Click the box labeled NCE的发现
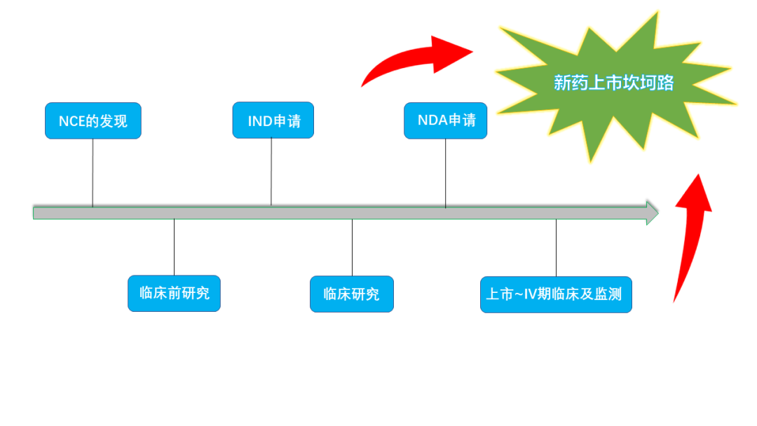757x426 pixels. pos(93,121)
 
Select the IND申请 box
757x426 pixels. pos(273,121)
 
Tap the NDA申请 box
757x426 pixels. pos(445,121)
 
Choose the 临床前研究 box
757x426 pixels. pos(174,294)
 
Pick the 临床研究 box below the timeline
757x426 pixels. pos(351,294)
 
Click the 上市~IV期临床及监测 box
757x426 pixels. pos(556,294)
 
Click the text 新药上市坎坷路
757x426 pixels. pos(613,83)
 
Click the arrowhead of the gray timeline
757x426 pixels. pos(652,212)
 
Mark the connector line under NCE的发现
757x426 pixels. pos(93,172)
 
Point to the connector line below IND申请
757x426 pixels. pos(271,172)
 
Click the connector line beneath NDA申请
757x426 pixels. pos(445,172)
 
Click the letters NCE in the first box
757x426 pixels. pos(71,121)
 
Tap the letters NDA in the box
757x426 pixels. pos(432,121)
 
